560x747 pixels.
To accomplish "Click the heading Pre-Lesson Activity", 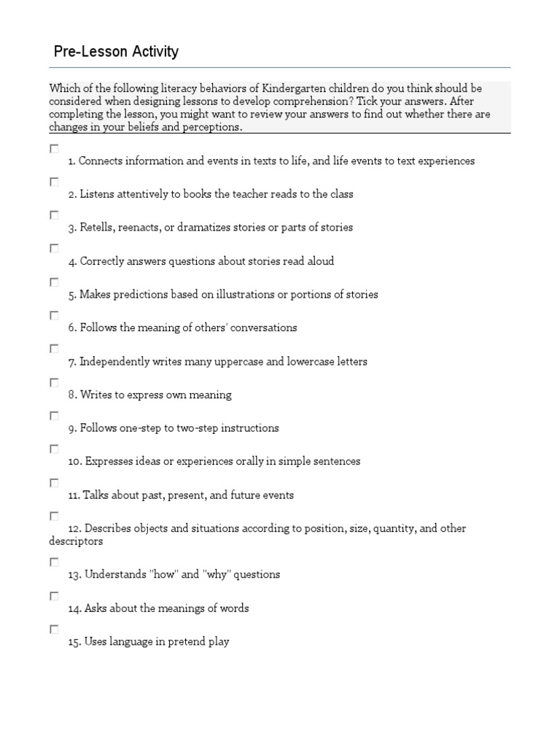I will (116, 52).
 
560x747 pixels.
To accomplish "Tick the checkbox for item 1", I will (54, 148).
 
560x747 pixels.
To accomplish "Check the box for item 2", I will (54, 182).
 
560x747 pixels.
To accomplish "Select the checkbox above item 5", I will (54, 282).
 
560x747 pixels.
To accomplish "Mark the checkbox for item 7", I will (54, 349).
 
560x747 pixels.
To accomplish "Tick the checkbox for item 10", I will (54, 449).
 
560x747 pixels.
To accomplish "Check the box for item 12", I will (54, 516).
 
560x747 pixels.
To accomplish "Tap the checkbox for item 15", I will (54, 629).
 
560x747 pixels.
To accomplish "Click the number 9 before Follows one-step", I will (72, 429).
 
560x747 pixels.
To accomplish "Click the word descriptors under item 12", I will (76, 542).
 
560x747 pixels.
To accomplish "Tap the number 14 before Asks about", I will (74, 608).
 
